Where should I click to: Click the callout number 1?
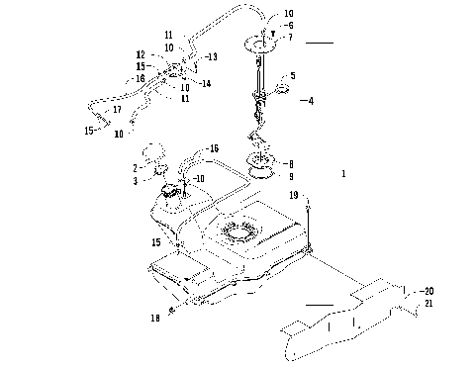[342, 173]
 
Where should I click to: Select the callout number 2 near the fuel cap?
[135, 168]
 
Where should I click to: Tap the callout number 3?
[135, 181]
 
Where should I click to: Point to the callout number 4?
[311, 100]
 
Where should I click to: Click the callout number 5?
[293, 75]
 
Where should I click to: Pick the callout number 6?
[289, 25]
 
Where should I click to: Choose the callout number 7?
[289, 37]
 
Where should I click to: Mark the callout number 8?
[289, 163]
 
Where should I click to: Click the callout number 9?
[289, 176]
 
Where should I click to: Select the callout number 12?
[141, 54]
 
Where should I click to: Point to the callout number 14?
[206, 83]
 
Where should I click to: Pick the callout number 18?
[155, 319]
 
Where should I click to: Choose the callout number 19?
[294, 197]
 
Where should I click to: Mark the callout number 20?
[428, 291]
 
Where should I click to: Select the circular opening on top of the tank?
[237, 233]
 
